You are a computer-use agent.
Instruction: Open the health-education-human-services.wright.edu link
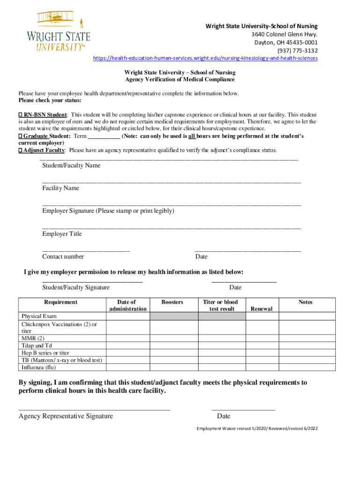205,58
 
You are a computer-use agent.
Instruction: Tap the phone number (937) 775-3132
297,51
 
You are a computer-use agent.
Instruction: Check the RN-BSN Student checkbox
21,115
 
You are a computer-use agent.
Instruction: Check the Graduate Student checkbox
21,136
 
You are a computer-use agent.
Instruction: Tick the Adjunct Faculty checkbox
21,150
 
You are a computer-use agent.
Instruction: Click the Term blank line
104,137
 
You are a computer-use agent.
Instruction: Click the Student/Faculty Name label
71,166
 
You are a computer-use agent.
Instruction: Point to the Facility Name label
61,188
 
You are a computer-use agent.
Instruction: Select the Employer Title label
62,234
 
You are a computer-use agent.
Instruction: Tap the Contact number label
63,256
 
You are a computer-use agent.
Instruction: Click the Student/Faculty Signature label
76,287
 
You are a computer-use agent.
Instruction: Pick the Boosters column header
172,302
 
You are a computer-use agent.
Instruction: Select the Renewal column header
261,309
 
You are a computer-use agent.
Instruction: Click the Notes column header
305,302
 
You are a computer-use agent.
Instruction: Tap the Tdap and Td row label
36,346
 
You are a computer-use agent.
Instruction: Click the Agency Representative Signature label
65,416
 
